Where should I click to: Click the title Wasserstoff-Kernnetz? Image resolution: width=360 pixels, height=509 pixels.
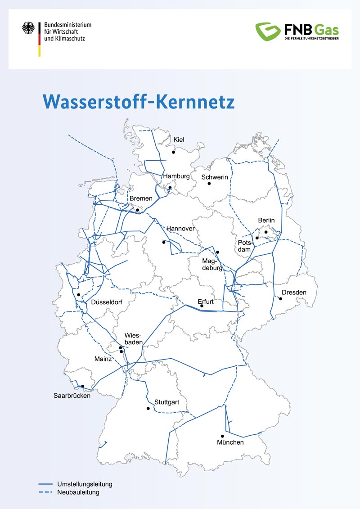click(x=139, y=102)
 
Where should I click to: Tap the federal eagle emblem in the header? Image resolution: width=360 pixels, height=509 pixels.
click(x=28, y=29)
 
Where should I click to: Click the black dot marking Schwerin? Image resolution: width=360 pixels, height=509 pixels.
click(x=209, y=184)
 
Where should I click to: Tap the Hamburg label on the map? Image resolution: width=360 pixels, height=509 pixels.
click(x=176, y=176)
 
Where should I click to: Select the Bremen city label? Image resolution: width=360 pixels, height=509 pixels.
click(x=141, y=198)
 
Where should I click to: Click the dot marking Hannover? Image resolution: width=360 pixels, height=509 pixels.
click(x=164, y=242)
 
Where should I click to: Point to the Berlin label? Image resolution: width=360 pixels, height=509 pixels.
click(x=266, y=221)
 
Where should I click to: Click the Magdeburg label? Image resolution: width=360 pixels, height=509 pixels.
click(x=212, y=265)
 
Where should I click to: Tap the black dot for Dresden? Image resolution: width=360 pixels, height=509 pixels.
click(x=281, y=299)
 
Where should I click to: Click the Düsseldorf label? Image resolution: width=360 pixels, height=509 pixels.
click(x=107, y=302)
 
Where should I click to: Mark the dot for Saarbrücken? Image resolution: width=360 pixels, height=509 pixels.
click(x=82, y=386)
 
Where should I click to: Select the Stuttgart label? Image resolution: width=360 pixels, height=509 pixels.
click(x=167, y=401)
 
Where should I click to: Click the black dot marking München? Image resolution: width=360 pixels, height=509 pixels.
click(x=222, y=436)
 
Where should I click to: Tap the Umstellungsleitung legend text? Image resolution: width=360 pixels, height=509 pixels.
click(x=85, y=484)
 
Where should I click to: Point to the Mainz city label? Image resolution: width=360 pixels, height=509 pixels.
click(x=103, y=359)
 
